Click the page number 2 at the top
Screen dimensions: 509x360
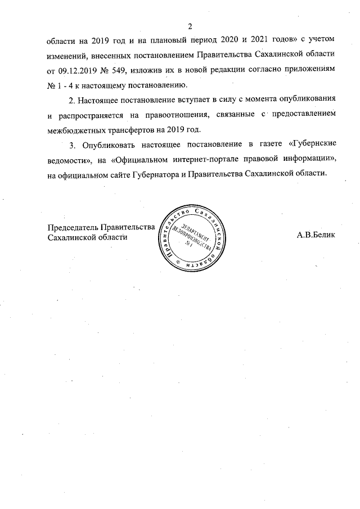pos(190,26)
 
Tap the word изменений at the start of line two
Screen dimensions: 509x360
pos(70,56)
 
